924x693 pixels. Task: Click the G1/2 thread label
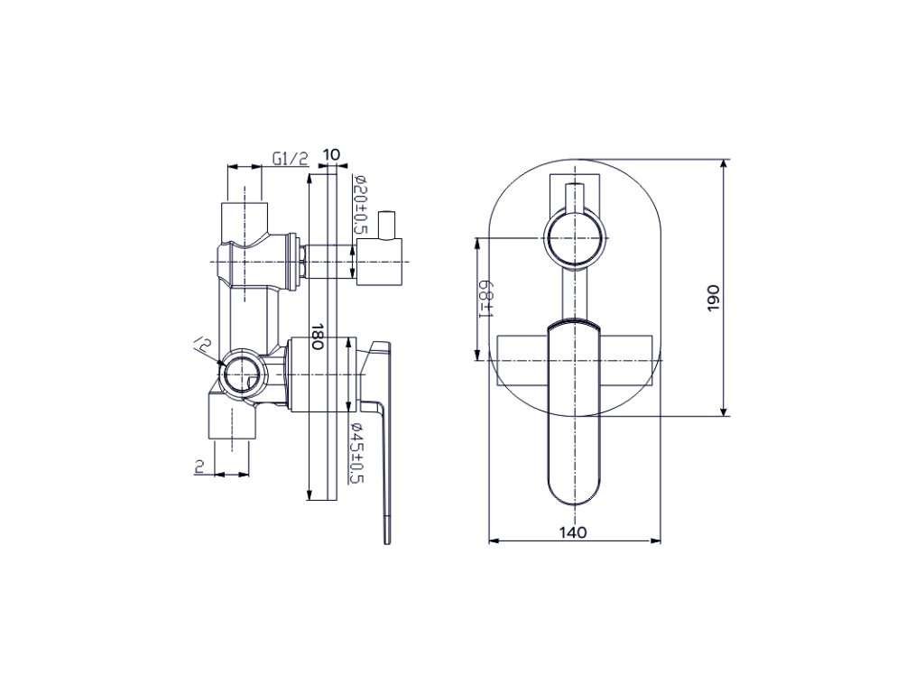[x=290, y=159]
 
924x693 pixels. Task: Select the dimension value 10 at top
[x=332, y=155]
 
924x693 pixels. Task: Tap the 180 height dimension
[x=318, y=337]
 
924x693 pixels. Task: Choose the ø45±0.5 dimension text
[x=357, y=453]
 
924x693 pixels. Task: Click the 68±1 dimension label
[x=486, y=298]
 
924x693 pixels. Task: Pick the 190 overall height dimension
[x=714, y=298]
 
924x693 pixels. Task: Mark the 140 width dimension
[x=573, y=532]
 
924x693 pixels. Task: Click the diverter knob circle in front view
[x=575, y=240]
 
